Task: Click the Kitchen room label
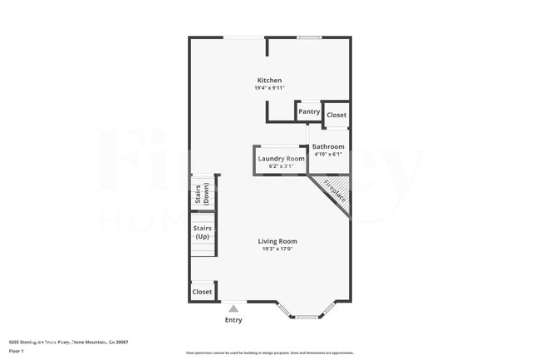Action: (x=269, y=80)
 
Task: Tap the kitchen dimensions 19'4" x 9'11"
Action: (x=269, y=88)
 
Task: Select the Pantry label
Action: (x=309, y=111)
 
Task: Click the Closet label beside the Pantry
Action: (x=336, y=115)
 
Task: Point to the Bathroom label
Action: (x=327, y=146)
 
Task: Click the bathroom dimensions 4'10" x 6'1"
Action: (x=327, y=154)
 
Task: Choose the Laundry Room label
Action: (x=282, y=158)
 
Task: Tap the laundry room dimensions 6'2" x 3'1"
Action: (x=282, y=166)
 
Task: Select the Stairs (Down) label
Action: (x=202, y=193)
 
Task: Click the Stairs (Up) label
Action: (x=202, y=232)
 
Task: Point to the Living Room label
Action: (x=277, y=241)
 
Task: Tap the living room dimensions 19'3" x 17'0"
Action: (x=277, y=249)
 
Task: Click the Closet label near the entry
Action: (x=202, y=292)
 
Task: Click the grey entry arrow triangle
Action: (x=233, y=308)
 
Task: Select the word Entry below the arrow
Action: (x=233, y=320)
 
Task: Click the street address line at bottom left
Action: (x=68, y=342)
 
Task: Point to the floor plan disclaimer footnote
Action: (x=269, y=353)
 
